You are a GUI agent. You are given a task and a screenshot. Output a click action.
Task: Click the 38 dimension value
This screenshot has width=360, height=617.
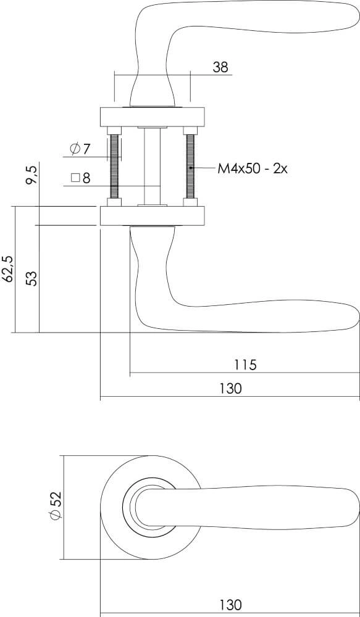(x=220, y=67)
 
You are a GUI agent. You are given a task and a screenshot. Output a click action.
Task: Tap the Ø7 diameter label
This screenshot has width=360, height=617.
(x=80, y=149)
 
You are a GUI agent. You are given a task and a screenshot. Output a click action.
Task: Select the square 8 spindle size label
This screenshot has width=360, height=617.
(x=80, y=178)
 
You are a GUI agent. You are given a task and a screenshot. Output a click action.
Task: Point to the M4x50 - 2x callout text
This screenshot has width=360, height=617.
(x=253, y=168)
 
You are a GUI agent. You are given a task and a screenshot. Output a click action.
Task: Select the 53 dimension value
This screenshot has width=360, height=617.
(x=33, y=278)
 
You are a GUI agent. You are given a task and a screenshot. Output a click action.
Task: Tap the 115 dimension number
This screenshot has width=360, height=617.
(x=245, y=365)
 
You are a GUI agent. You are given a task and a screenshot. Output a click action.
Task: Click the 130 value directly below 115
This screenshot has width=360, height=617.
(x=230, y=389)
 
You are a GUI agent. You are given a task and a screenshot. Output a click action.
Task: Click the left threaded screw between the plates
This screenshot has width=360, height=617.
(x=114, y=167)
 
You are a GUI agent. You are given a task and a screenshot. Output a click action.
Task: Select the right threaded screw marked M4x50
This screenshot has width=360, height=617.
(x=190, y=167)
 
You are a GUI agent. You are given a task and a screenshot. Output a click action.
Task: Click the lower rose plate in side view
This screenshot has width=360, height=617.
(x=152, y=217)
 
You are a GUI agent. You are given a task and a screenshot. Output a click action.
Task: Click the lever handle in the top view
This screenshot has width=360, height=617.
(x=259, y=507)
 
